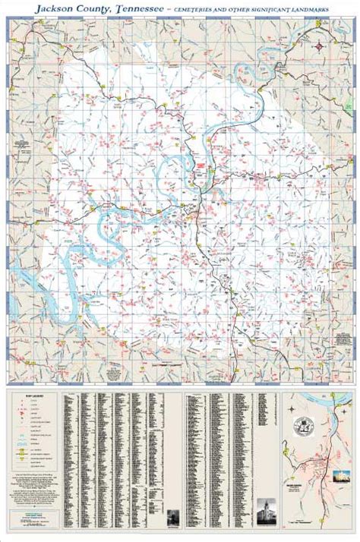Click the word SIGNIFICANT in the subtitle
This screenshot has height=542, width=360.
279,8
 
